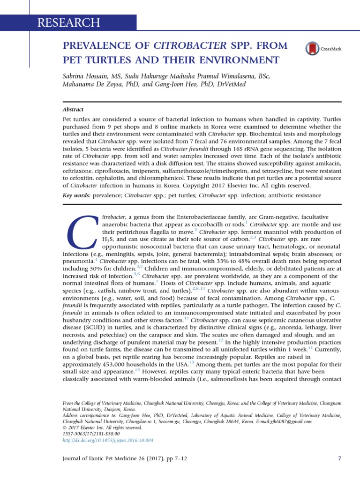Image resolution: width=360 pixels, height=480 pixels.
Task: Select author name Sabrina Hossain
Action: point(84,76)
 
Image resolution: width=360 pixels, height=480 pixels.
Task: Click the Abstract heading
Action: point(73,109)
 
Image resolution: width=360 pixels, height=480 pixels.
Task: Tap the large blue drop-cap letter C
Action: point(79,233)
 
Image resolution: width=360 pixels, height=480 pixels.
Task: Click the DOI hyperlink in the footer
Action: point(108,441)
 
